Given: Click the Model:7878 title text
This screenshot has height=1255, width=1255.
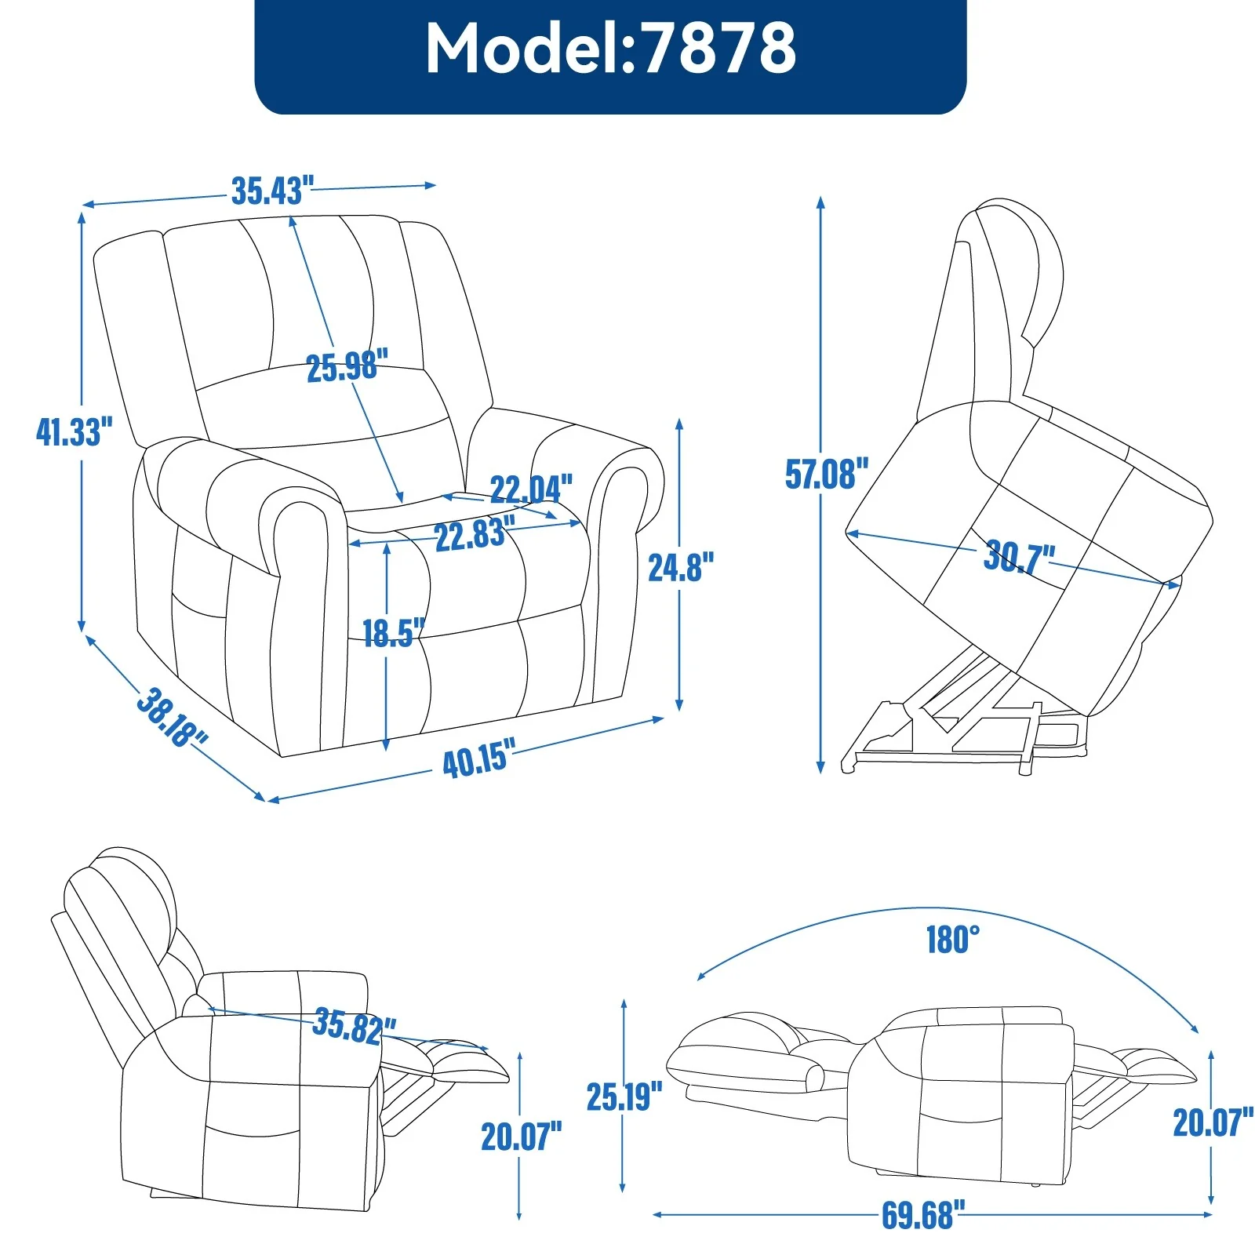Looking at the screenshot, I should click(610, 49).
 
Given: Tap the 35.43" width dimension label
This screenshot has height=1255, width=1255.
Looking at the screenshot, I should click(272, 191).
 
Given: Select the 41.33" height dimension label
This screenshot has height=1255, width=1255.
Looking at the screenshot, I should click(74, 432).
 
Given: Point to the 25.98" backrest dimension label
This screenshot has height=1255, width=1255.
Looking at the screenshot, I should click(347, 366).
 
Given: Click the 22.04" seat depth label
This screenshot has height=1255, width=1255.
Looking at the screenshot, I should click(531, 489).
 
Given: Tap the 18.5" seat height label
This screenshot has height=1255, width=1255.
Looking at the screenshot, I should click(393, 632).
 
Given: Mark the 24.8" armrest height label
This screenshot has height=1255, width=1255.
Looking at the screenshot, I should click(681, 567).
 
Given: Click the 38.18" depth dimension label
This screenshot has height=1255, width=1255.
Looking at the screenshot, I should click(172, 717).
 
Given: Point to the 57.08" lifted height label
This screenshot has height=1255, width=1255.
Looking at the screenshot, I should click(827, 474).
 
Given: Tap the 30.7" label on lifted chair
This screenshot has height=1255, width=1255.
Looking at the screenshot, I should click(1019, 557).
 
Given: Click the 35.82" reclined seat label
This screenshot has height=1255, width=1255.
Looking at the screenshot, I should click(354, 1026).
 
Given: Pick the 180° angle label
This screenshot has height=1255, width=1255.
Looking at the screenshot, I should click(952, 939).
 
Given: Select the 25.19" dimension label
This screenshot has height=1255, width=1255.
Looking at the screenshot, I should click(624, 1097).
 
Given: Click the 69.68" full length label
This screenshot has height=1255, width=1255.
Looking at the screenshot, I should click(918, 1215).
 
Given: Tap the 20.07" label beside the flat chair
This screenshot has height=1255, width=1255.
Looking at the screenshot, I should click(1212, 1122).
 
